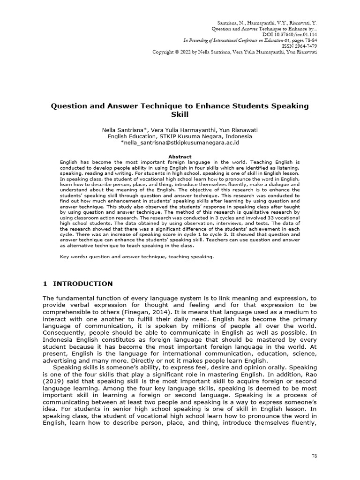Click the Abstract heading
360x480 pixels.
[180, 157]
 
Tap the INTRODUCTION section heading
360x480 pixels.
[82, 284]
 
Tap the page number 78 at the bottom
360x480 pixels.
[315, 456]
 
